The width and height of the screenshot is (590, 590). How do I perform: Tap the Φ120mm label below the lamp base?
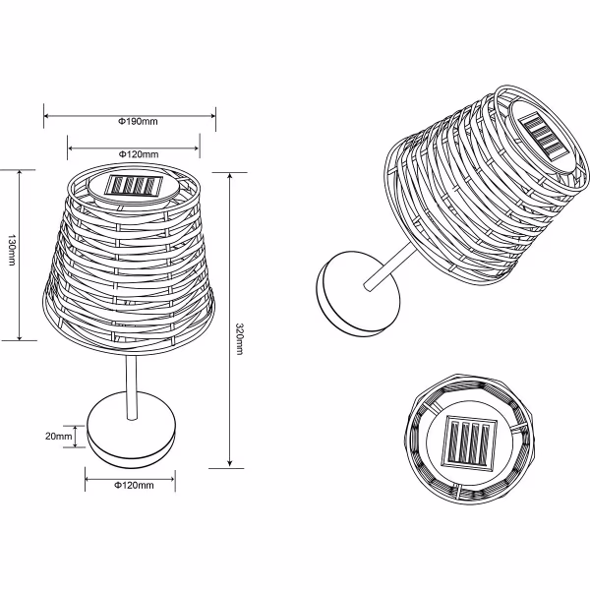coord(133,486)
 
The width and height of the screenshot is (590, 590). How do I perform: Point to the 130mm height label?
coord(11,254)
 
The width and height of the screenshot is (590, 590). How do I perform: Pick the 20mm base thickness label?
coord(59,436)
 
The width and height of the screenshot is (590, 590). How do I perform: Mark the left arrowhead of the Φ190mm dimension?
coord(47,121)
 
